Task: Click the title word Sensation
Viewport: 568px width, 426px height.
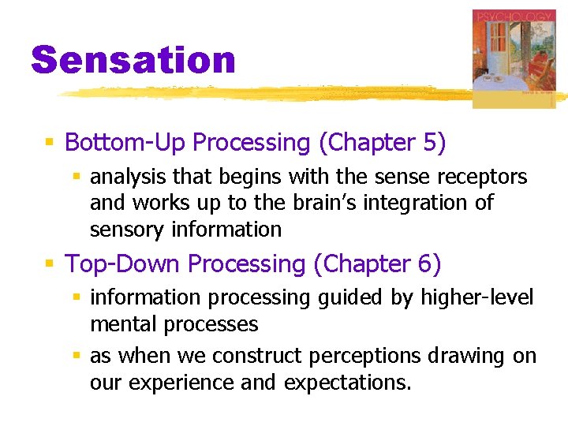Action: coord(133,60)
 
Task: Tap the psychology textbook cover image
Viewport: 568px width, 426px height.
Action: coord(514,57)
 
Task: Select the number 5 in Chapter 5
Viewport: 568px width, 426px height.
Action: coord(429,143)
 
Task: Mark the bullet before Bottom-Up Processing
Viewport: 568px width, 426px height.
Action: coord(50,144)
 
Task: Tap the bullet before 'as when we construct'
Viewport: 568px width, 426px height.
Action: coord(77,357)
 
